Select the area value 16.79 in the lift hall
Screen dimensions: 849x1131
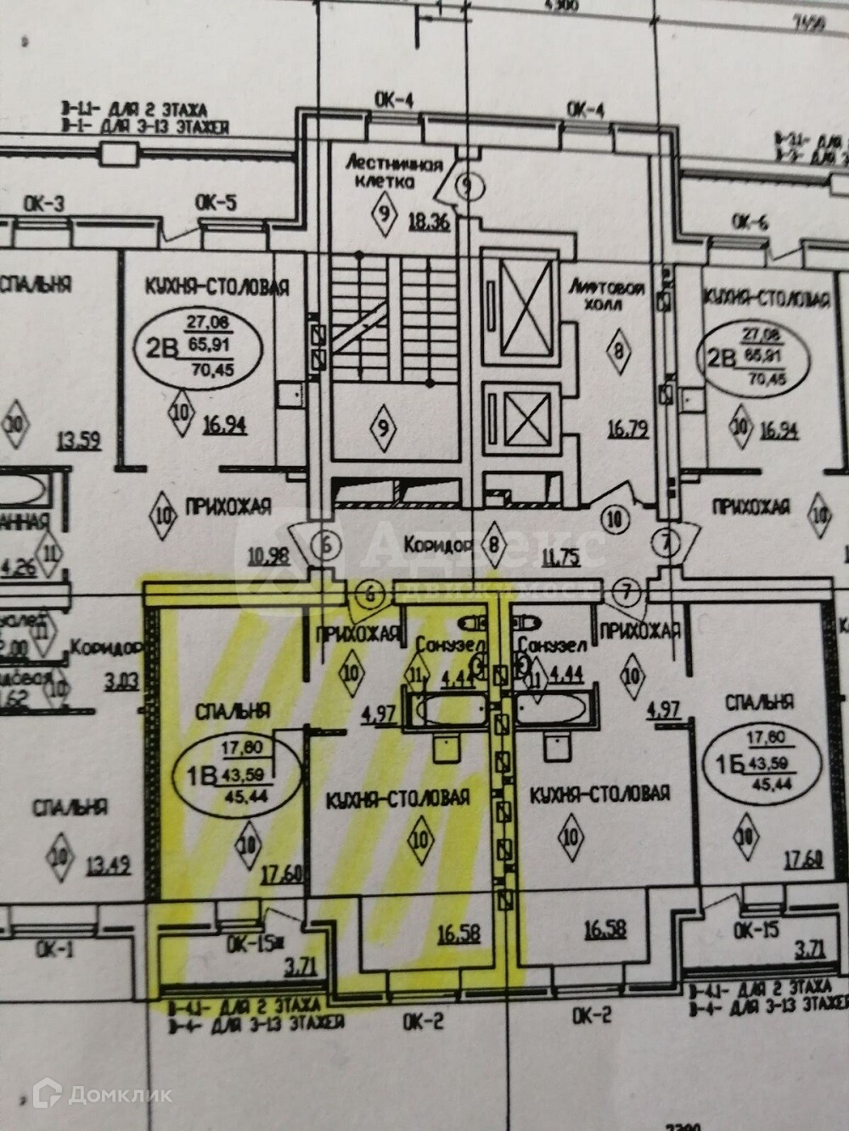coord(629,429)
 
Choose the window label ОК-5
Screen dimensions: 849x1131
coord(216,202)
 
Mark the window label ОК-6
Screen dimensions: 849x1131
coord(750,222)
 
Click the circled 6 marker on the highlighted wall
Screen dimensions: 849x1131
coord(369,594)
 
